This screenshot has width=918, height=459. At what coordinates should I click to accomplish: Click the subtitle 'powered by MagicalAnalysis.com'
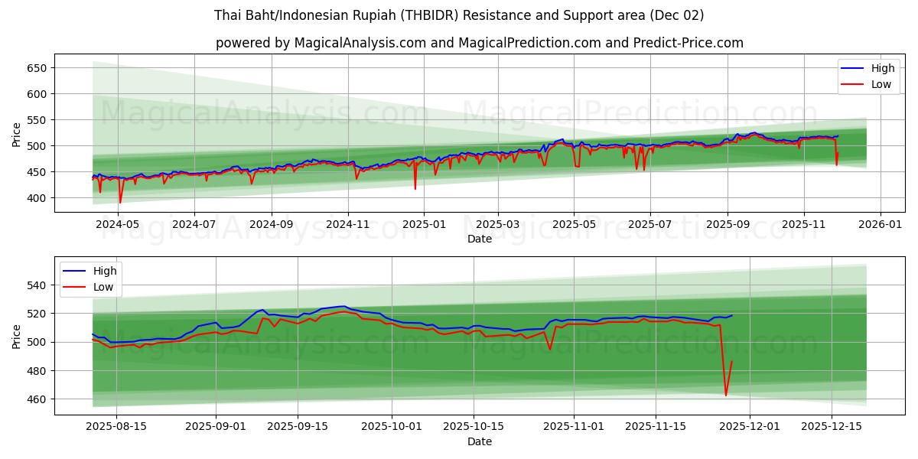click(480, 43)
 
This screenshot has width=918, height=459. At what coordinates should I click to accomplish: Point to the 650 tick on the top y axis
click(37, 68)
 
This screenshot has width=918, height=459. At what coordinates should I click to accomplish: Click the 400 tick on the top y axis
click(37, 198)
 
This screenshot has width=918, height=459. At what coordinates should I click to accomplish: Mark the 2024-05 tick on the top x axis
click(119, 225)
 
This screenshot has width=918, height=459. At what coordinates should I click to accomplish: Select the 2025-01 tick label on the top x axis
click(423, 225)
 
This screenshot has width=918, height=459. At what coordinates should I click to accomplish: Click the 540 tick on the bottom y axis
click(37, 285)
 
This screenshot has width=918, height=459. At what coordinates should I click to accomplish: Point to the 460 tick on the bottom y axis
click(37, 399)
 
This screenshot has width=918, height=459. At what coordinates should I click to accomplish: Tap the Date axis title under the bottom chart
click(480, 441)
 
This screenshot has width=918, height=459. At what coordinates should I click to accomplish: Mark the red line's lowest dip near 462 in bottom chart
click(726, 396)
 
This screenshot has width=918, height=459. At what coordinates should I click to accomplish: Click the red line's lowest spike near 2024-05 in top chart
click(120, 203)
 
